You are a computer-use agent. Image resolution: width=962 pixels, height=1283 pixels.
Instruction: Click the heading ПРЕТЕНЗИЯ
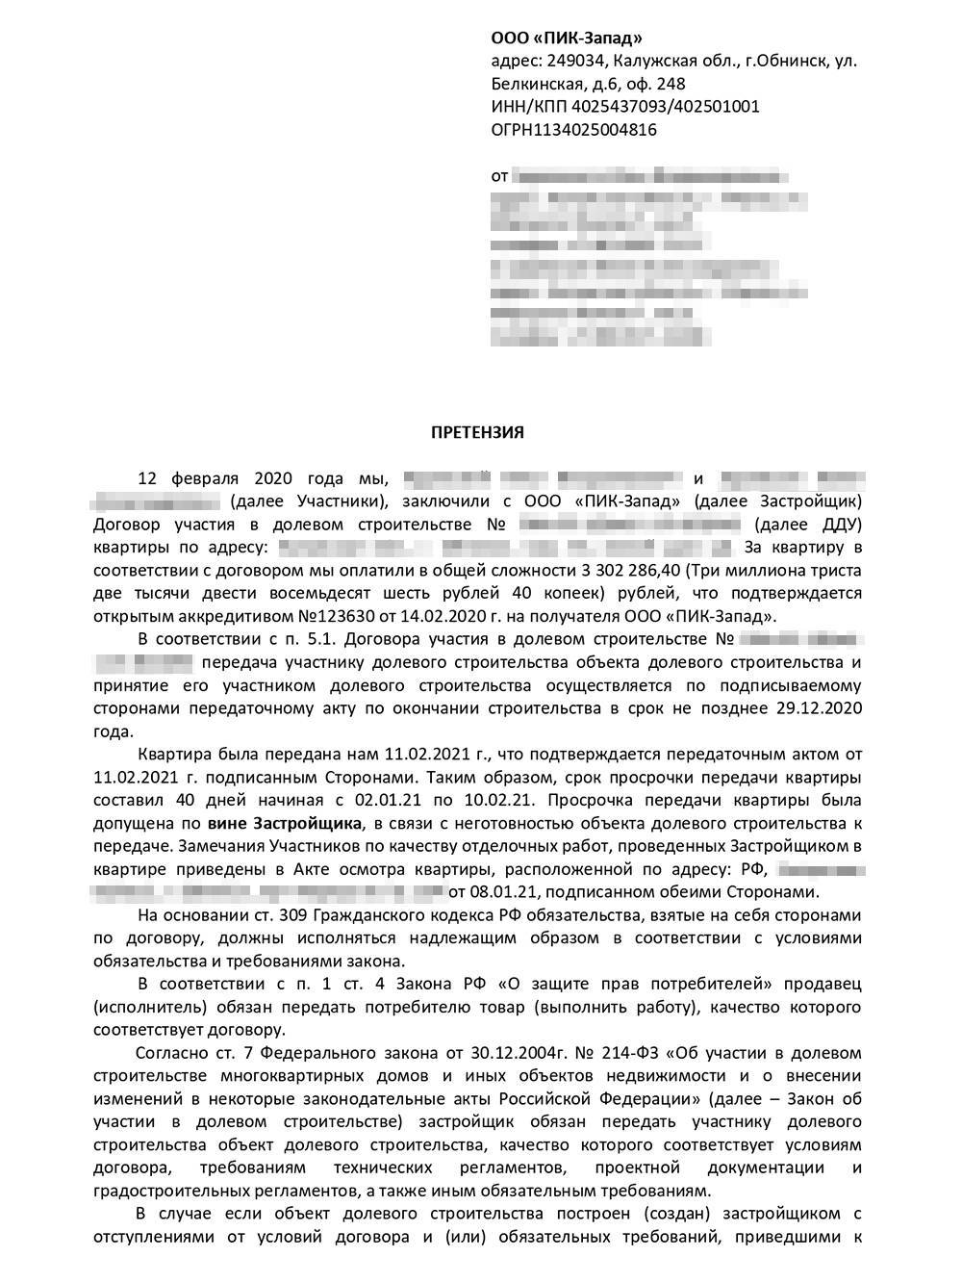477,432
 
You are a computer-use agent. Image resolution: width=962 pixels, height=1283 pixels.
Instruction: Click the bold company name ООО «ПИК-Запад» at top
566,38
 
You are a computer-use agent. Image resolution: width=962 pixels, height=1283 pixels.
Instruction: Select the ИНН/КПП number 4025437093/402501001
671,107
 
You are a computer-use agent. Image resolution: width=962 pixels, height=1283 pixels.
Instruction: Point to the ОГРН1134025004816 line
573,130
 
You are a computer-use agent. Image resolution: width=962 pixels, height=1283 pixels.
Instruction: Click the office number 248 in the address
670,84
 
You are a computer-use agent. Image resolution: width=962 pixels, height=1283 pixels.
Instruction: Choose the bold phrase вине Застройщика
286,823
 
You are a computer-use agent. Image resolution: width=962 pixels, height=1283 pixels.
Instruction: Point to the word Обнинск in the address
787,61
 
